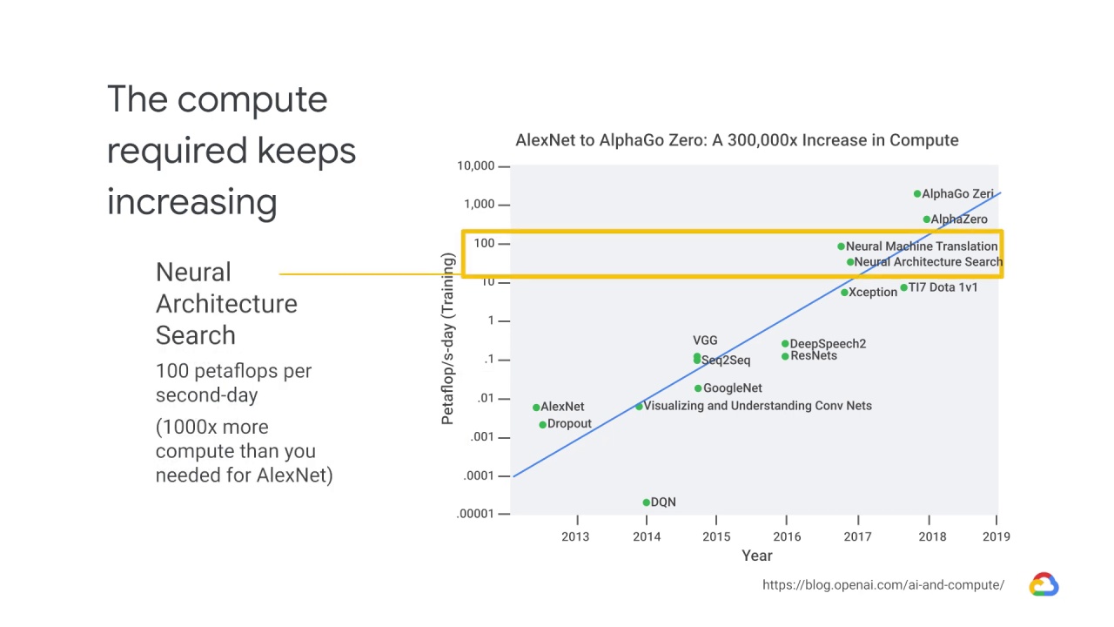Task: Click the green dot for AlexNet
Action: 536,408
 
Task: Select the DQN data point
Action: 646,502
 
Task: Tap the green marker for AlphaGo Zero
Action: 916,194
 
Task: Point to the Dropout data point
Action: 542,425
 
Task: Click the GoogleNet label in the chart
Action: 732,388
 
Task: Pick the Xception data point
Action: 844,293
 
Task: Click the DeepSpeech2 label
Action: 827,344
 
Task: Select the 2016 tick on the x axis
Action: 787,536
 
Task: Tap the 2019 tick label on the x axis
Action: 996,536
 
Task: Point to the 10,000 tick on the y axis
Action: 476,166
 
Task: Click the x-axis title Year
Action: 756,556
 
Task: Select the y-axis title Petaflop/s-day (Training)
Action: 447,339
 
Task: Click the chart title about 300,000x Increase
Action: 736,140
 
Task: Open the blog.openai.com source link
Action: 882,585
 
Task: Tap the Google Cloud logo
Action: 1044,584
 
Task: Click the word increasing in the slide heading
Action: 191,202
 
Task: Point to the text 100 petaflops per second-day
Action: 233,383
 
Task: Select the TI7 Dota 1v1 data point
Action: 903,287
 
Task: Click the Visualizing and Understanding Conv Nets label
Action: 757,406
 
